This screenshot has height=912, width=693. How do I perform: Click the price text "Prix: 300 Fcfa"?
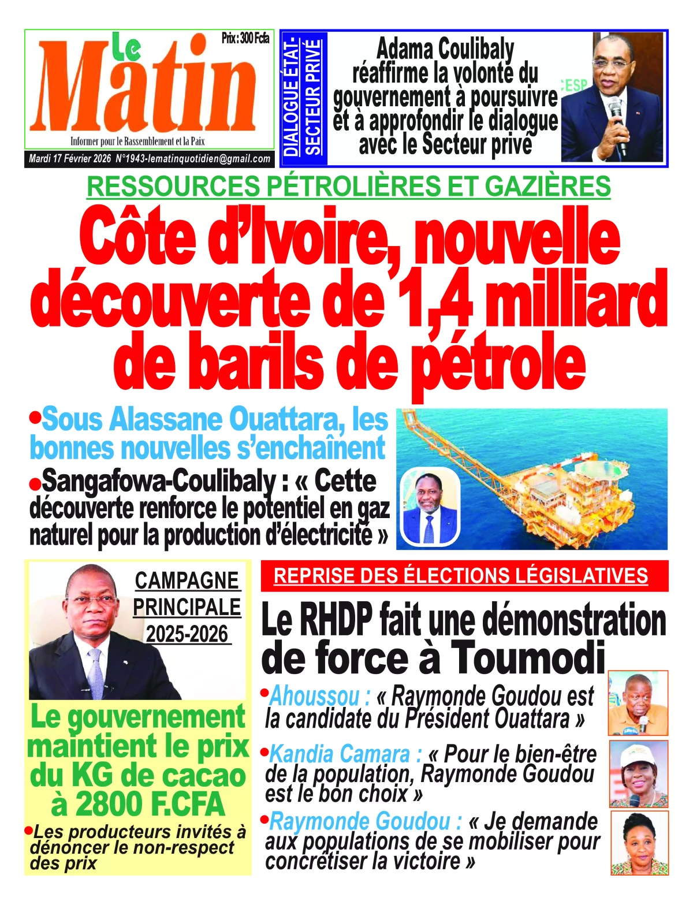click(x=245, y=39)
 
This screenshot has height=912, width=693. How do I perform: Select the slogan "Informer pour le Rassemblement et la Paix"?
click(x=137, y=142)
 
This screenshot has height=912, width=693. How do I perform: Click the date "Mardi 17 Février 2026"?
click(x=70, y=159)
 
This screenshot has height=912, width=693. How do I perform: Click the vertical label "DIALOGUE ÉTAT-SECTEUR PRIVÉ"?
click(x=302, y=97)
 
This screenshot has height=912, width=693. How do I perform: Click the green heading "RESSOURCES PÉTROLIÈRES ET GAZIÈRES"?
click(x=348, y=186)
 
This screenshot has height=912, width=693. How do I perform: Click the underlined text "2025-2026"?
click(x=187, y=634)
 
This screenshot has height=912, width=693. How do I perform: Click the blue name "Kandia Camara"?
click(x=339, y=754)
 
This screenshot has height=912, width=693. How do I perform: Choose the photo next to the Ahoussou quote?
click(x=638, y=702)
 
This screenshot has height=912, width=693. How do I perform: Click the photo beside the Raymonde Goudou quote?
click(x=639, y=843)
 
